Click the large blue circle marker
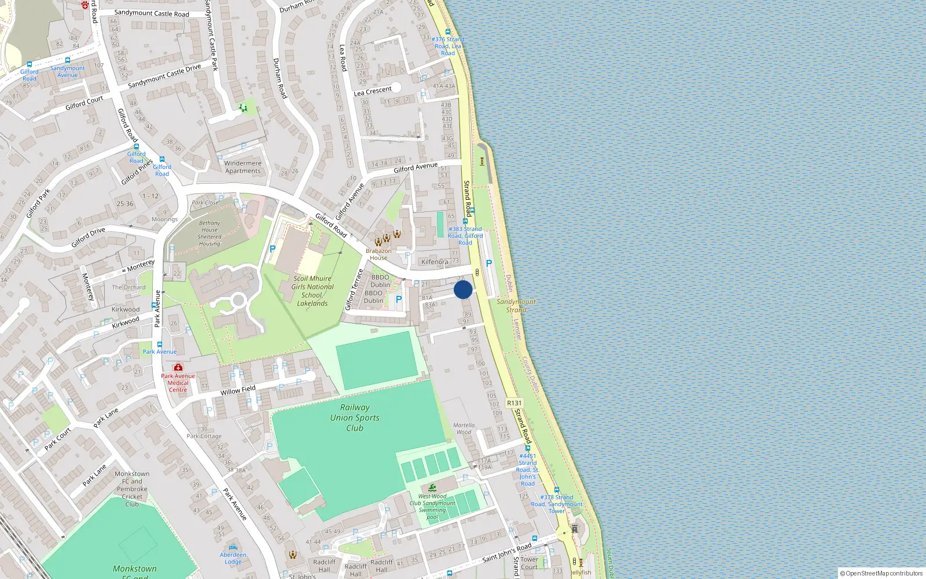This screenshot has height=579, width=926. (463, 289)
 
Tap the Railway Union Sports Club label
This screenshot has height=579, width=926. (355, 417)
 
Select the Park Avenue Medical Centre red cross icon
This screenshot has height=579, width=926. (178, 367)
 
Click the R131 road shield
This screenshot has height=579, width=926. (514, 403)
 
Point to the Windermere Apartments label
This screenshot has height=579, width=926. (243, 167)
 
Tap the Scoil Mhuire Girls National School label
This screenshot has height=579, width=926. (313, 291)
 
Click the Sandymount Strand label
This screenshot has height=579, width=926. (516, 306)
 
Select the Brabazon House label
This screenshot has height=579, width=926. (379, 254)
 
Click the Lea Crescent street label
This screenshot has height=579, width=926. (373, 91)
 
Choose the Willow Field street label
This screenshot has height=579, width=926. (238, 391)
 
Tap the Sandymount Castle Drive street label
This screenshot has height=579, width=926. (164, 76)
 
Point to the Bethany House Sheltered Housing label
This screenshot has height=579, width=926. (210, 233)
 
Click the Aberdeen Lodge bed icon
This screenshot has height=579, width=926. (233, 547)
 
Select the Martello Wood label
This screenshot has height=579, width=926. (464, 428)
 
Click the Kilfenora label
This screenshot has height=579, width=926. (435, 262)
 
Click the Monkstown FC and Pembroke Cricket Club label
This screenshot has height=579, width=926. (132, 489)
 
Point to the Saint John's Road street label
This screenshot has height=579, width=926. (506, 552)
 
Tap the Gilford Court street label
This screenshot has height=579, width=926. (84, 103)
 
